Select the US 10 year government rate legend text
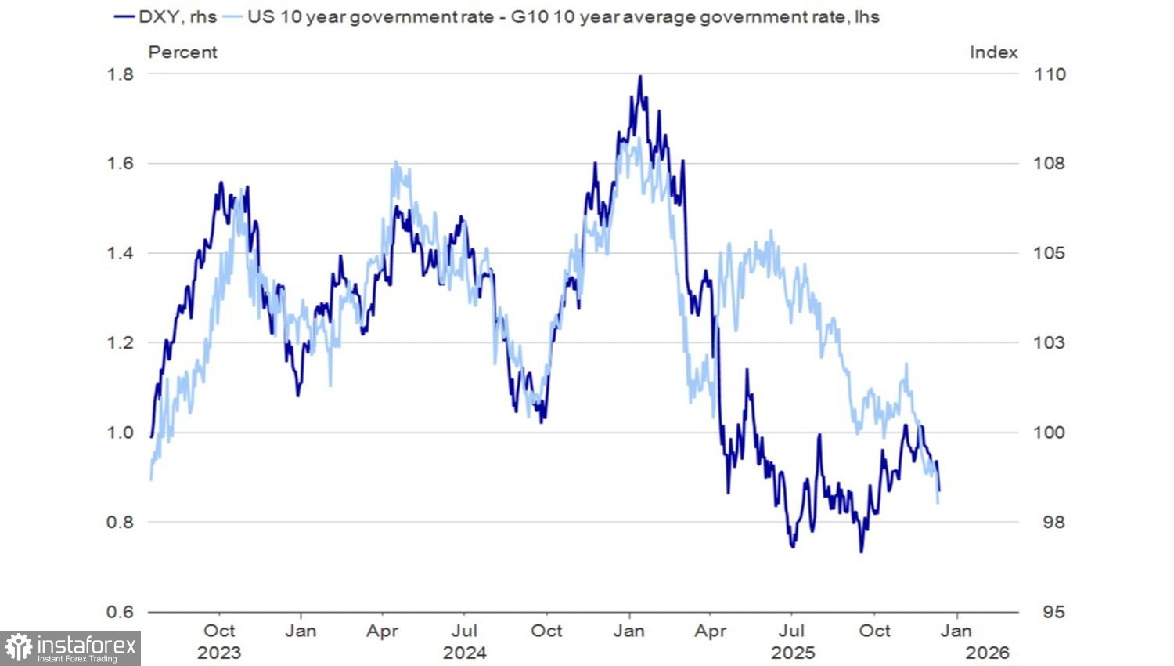(564, 16)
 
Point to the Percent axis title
(182, 52)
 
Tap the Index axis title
(993, 52)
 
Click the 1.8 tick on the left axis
(120, 74)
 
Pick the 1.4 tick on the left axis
(120, 253)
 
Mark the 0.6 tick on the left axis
(120, 612)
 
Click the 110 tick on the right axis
(1050, 74)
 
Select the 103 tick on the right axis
(1050, 343)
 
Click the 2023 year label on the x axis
(219, 653)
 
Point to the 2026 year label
(988, 653)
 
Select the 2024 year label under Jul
(464, 653)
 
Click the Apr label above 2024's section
(383, 631)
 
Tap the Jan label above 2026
(956, 631)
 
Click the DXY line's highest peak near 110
(640, 77)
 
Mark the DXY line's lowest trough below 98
(861, 551)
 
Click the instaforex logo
(70, 648)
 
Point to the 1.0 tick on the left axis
(120, 433)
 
